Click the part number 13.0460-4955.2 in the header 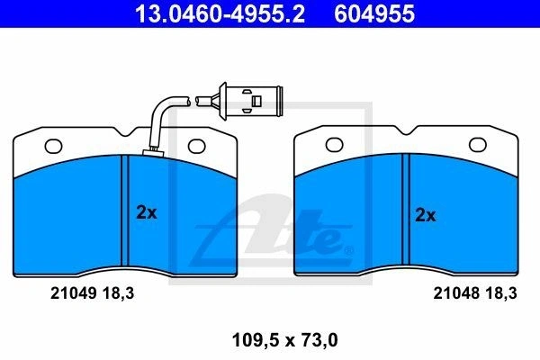tap(220, 13)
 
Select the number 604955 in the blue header tap(374, 13)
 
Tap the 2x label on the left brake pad tap(147, 212)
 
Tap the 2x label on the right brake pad tap(426, 215)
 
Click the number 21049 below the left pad tap(73, 293)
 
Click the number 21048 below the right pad tap(456, 293)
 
